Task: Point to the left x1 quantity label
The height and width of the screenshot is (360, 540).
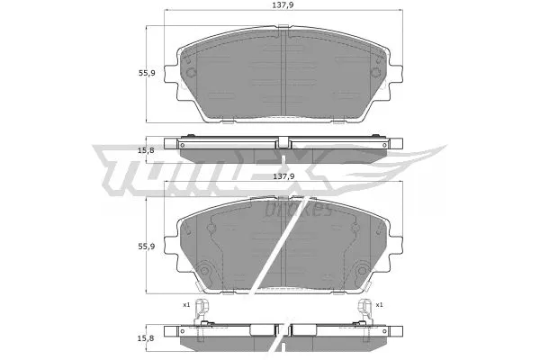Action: coord(185,304)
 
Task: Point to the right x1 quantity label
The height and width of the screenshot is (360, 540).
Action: coord(381,304)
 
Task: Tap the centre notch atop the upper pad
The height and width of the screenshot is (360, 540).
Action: coord(283,34)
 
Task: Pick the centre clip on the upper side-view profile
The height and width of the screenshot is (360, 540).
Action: coord(283,141)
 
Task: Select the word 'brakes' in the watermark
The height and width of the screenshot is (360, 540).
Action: coord(301,209)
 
